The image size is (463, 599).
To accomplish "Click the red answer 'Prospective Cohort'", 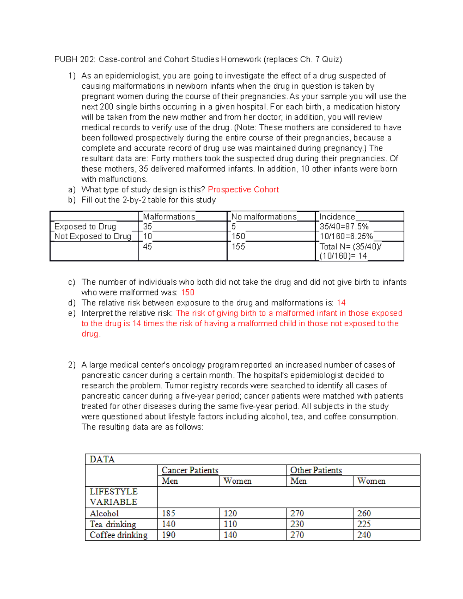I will [243, 189].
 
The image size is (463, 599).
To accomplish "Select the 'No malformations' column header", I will [264, 217].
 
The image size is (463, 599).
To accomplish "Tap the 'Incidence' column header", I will [337, 217].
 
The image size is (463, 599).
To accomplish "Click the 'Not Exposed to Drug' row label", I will [93, 236].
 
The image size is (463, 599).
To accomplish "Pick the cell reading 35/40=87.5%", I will [344, 226].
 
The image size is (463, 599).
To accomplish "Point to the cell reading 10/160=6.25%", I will [346, 236].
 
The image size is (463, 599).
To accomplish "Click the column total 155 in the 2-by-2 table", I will [238, 246].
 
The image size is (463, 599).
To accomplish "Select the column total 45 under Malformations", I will [147, 246].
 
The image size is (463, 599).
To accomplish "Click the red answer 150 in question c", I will [188, 292].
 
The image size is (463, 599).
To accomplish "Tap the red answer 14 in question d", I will [341, 303].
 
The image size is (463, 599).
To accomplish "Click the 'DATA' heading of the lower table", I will [102, 459].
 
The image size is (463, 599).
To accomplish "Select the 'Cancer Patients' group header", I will [190, 470].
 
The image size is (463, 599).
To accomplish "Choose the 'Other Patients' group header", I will [316, 470].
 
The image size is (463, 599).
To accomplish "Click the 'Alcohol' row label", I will [104, 513].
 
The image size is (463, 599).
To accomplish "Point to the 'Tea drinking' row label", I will [113, 524].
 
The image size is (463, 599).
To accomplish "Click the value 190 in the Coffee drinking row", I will [169, 535].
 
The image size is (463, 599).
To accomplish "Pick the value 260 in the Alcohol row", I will [364, 513].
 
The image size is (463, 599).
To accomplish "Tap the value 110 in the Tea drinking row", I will [230, 524].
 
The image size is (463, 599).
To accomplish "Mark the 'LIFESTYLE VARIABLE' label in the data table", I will [113, 497].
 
